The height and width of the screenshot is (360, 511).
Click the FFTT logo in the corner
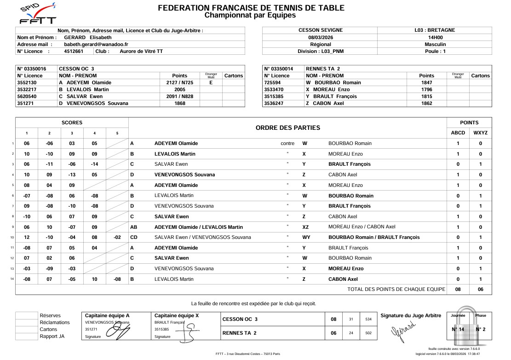click(x=38, y=14)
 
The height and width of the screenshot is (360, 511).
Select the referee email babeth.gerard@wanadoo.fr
click(x=96, y=44)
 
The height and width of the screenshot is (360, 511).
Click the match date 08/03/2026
click(x=320, y=37)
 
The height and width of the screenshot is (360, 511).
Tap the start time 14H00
click(x=435, y=37)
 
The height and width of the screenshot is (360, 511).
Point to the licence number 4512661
click(x=74, y=51)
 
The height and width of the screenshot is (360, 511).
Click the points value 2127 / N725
click(x=179, y=82)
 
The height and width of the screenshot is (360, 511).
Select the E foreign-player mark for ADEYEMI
click(x=211, y=82)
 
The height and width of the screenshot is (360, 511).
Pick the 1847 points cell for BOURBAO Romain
click(x=426, y=82)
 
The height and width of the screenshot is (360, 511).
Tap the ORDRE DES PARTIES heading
click(x=287, y=128)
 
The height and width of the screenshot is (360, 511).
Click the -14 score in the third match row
click(x=94, y=164)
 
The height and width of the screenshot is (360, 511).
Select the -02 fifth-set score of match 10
click(x=117, y=237)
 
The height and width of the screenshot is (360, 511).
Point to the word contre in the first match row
click(x=287, y=143)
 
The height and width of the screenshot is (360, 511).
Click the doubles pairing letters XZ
click(x=305, y=227)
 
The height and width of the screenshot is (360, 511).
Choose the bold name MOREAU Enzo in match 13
click(x=345, y=268)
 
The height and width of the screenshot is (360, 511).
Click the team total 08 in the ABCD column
click(x=458, y=290)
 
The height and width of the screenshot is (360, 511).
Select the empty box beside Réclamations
click(x=26, y=322)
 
